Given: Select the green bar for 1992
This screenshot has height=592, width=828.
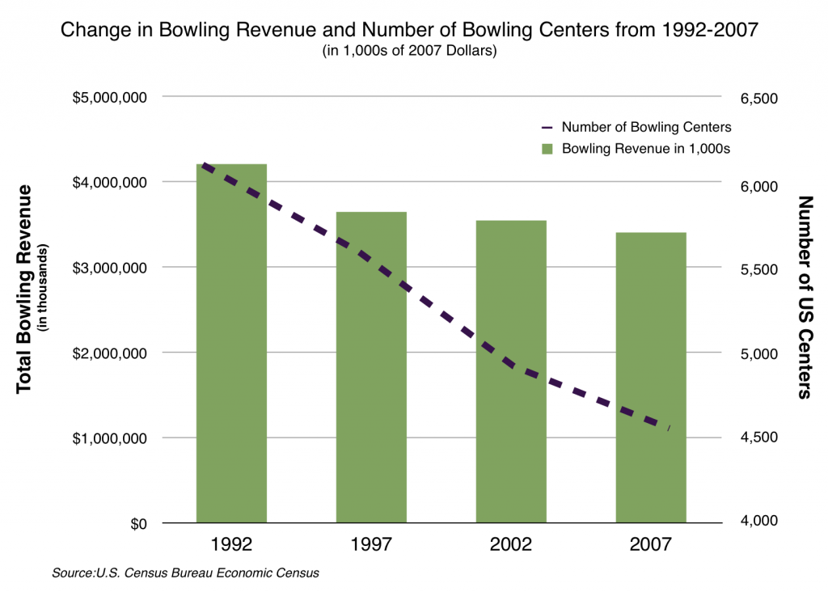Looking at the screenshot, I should (231, 344).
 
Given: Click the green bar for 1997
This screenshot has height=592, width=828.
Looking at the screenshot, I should (371, 367).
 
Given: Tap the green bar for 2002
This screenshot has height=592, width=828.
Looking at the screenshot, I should (511, 371).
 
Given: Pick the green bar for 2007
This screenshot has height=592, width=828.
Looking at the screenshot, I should (651, 378).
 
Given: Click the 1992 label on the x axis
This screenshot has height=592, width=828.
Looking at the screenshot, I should (231, 543).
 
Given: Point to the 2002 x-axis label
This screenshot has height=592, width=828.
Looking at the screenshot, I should (511, 543).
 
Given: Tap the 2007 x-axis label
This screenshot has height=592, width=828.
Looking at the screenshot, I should (651, 543).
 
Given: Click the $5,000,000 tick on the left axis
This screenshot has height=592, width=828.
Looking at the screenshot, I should (109, 98).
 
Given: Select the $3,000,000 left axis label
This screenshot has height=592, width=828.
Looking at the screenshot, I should (109, 268).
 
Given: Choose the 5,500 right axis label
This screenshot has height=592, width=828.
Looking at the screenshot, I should (758, 269).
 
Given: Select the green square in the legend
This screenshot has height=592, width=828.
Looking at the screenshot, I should (547, 149).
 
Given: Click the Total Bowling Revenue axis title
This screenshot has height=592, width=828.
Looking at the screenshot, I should (24, 289).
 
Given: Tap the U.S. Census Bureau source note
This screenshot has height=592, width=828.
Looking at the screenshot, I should (185, 573).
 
